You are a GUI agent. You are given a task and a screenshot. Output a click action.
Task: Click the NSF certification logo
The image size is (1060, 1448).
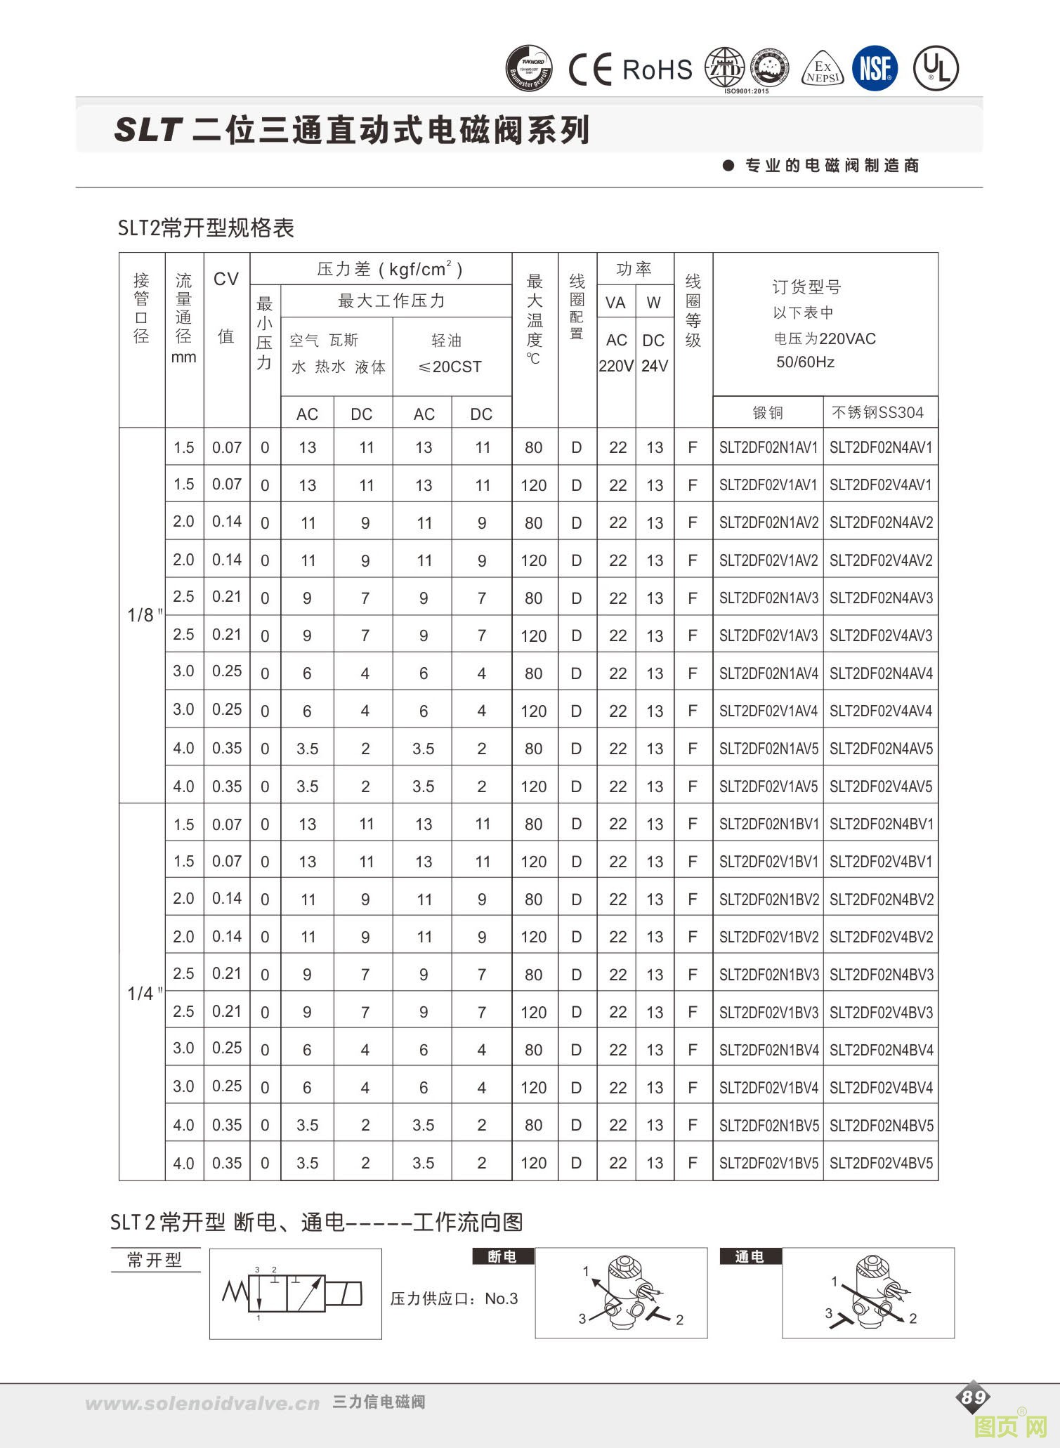pos(875,69)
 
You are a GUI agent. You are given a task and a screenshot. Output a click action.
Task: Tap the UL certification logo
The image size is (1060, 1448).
pos(936,69)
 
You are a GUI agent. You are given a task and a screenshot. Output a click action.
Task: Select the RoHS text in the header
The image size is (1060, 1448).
pos(657,70)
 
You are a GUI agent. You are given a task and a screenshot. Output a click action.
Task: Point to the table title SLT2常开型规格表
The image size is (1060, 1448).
pos(206,228)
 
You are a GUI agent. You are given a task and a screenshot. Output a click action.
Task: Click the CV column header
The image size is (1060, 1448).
pos(226,279)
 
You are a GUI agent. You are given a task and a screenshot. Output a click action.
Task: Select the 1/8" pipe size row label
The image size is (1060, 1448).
pos(144,616)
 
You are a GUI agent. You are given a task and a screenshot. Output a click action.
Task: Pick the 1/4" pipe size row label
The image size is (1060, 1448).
pos(144,994)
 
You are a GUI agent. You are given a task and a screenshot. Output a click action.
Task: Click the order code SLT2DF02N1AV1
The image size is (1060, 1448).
pos(768,448)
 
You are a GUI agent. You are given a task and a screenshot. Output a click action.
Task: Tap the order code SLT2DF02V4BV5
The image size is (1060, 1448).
pos(881,1163)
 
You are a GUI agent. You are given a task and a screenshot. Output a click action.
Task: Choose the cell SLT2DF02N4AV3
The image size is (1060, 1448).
pos(881,598)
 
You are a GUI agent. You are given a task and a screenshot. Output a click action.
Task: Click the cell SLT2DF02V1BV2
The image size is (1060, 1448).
pos(768,937)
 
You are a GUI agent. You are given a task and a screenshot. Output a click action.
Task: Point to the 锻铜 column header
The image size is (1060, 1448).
pos(768,413)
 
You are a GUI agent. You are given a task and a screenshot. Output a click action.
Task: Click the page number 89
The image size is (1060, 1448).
pos(973,1397)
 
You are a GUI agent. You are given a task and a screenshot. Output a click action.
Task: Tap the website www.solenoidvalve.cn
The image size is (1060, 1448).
pos(202,1404)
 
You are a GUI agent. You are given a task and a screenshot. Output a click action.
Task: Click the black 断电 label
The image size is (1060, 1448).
pos(502,1256)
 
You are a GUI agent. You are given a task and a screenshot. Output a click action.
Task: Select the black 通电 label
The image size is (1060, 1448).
pos(750,1256)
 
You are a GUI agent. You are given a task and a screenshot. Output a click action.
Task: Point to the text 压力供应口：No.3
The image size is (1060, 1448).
pos(454,1298)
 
